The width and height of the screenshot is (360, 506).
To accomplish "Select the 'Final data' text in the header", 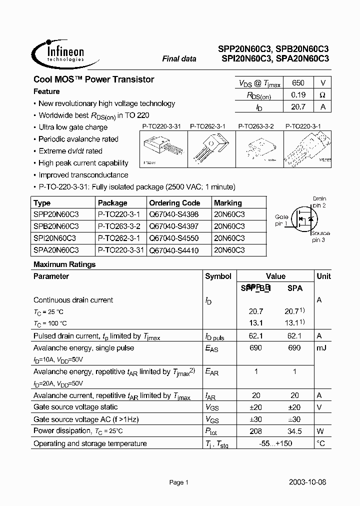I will pos(179,59).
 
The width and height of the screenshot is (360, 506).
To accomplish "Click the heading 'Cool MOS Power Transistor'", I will pos(93,79).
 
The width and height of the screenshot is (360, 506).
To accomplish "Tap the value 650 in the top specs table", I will pos(298,83).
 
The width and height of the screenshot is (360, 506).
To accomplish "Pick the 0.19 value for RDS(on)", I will pos(298,95).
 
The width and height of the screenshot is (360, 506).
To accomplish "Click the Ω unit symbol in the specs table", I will pos(322,95).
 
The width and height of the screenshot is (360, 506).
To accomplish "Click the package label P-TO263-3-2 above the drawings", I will pos(255,127).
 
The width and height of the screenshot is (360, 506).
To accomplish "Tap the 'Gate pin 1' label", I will pos(281,220).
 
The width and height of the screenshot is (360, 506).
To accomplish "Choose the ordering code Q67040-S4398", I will pos(172,214).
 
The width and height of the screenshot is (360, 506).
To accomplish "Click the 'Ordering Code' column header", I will pos(174,203).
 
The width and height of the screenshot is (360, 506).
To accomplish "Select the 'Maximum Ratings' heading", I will pos(64,264).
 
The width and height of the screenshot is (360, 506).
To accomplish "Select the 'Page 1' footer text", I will pos(178,482).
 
